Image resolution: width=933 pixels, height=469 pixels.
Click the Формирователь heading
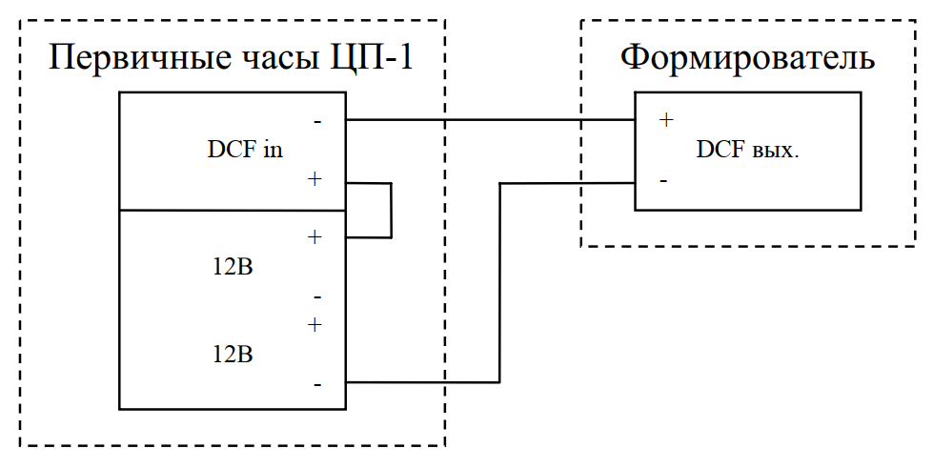click(748, 58)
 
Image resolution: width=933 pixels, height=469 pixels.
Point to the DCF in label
click(244, 151)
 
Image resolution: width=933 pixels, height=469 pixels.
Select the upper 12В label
click(233, 268)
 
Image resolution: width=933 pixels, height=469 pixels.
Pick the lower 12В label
click(233, 355)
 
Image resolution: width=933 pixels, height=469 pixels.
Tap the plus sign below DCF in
click(314, 179)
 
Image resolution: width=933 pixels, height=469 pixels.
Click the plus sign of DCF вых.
click(666, 120)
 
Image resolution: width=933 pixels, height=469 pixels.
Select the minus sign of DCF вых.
click(663, 180)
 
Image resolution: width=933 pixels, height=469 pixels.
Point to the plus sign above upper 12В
click(314, 236)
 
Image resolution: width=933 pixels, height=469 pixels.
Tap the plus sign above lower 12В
click(314, 325)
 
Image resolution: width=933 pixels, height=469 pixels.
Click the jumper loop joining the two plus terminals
click(391, 210)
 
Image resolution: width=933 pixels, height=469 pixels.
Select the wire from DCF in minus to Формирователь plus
click(491, 121)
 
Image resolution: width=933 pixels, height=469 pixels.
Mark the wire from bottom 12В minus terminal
click(499, 286)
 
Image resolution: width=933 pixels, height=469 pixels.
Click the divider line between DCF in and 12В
click(232, 210)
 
